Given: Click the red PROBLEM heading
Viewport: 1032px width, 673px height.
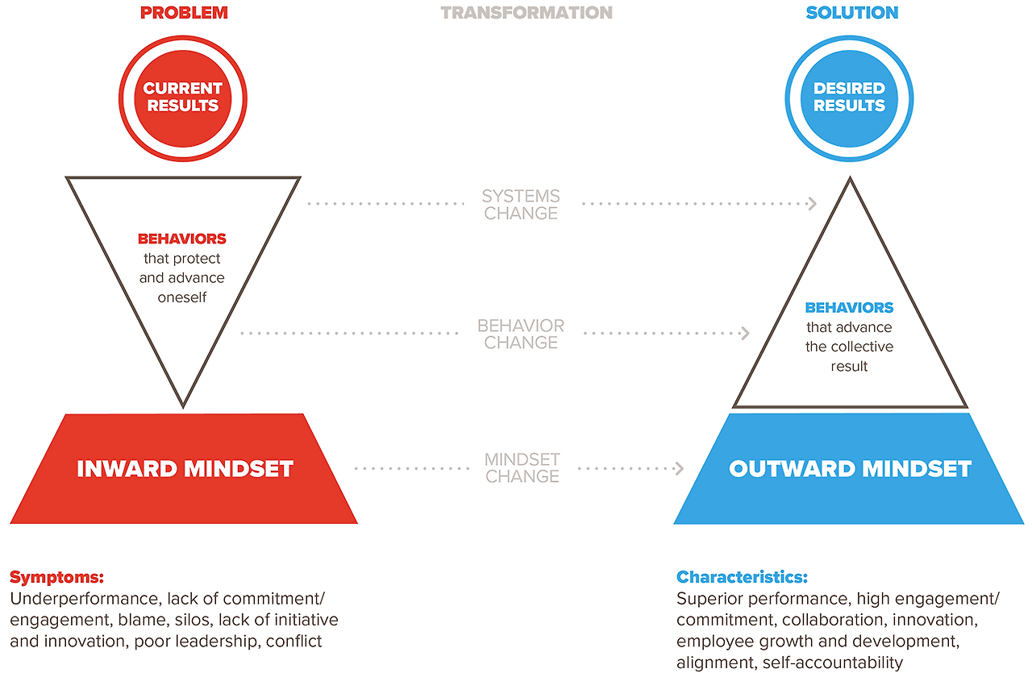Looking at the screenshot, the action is pyautogui.click(x=184, y=13).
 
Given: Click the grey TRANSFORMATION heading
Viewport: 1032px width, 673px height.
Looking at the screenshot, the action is pyautogui.click(x=526, y=13).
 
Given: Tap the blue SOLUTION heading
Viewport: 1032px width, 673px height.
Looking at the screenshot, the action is pyautogui.click(x=852, y=13).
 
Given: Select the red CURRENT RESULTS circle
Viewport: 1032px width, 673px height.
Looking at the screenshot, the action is pyautogui.click(x=183, y=98).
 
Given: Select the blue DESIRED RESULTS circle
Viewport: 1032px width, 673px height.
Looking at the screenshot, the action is pyautogui.click(x=849, y=98).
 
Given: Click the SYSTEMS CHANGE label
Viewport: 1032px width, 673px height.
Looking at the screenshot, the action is pyautogui.click(x=521, y=205).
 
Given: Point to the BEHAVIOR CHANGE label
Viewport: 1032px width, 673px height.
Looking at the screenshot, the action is pyautogui.click(x=521, y=334).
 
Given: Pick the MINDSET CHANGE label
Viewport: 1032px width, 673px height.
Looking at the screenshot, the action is pyautogui.click(x=522, y=467).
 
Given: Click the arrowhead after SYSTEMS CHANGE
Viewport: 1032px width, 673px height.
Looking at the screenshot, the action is pyautogui.click(x=813, y=204).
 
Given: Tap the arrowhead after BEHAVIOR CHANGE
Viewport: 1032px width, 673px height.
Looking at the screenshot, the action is pyautogui.click(x=745, y=333).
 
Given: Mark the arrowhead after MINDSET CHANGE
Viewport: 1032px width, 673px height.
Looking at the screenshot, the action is pyautogui.click(x=679, y=468).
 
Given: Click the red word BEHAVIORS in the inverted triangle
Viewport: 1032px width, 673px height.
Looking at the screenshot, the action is pyautogui.click(x=182, y=239).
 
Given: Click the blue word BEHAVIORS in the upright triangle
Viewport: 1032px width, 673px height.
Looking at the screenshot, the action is pyautogui.click(x=849, y=307).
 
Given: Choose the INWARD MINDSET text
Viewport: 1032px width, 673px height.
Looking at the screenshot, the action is pyautogui.click(x=185, y=469).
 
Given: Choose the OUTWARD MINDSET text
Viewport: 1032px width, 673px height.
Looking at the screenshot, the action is pyautogui.click(x=850, y=469).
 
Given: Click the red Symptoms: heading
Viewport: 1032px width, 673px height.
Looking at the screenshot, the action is pyautogui.click(x=56, y=577).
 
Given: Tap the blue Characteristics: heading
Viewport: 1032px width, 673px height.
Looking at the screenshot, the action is pyautogui.click(x=742, y=577).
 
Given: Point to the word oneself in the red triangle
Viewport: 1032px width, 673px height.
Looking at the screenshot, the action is pyautogui.click(x=182, y=297).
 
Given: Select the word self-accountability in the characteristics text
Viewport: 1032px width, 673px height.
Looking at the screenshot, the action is pyautogui.click(x=833, y=663).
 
